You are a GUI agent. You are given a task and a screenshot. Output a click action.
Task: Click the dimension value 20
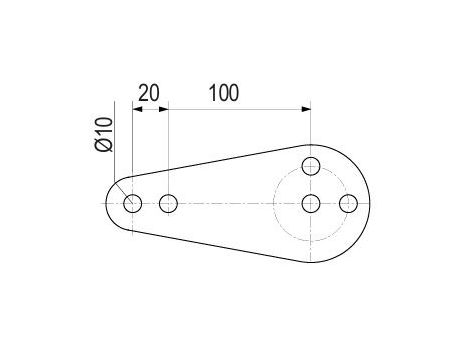(x=148, y=93)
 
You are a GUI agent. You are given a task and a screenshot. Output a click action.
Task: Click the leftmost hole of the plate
(x=133, y=204)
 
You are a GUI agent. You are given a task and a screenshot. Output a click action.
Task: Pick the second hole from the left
(x=167, y=204)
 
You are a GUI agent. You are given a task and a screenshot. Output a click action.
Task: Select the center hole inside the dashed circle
(x=311, y=204)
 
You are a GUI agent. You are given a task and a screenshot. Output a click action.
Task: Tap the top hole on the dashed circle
(x=311, y=167)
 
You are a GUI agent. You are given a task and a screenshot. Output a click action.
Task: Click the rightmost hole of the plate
(x=348, y=204)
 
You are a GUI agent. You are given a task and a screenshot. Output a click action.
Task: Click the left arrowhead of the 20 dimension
(x=137, y=108)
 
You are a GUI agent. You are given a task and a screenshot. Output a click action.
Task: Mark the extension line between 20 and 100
(x=167, y=140)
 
